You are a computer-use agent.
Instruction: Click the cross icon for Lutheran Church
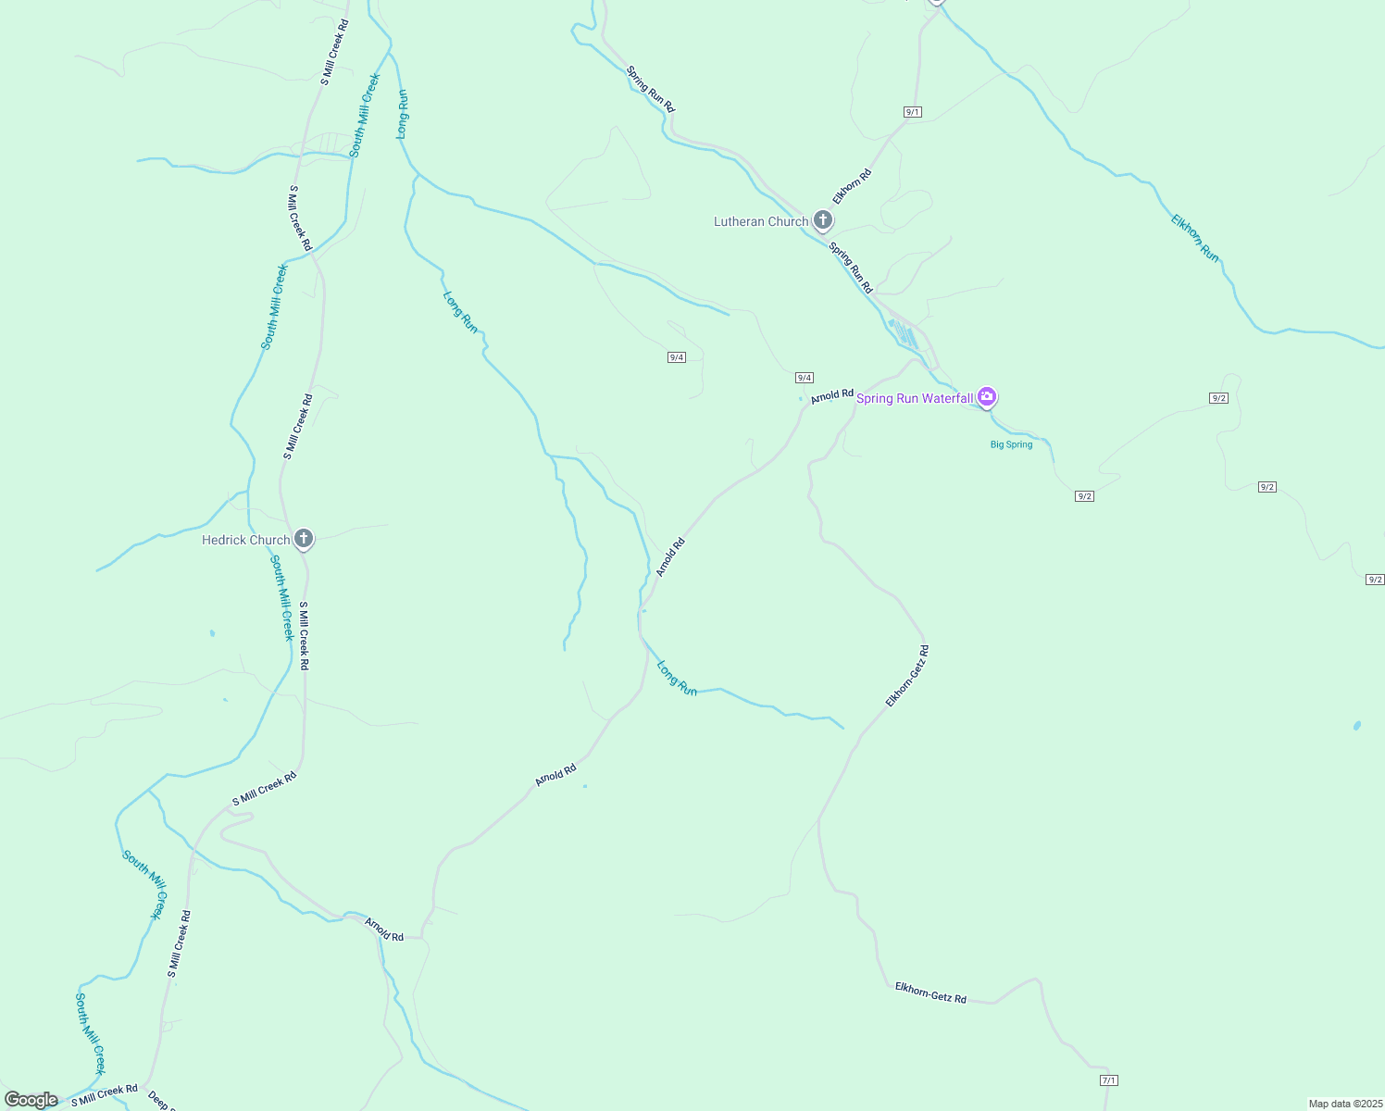tap(822, 220)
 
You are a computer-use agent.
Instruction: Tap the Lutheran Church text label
tap(761, 222)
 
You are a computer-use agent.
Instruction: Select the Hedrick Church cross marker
tap(303, 538)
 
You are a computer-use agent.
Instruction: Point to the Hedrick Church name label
tap(245, 540)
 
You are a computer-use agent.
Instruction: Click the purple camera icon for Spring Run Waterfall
tap(987, 397)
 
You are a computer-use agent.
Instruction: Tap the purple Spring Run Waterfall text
tap(914, 399)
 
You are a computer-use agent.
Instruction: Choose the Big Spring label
tap(1011, 444)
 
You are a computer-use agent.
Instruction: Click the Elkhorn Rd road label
tap(852, 186)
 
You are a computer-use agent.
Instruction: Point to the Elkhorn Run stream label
tap(1195, 238)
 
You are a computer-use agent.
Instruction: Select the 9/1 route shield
tap(912, 112)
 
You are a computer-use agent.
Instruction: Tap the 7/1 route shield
tap(1109, 1080)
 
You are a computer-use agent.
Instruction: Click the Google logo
tap(31, 1100)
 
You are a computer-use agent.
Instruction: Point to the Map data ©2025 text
tap(1344, 1104)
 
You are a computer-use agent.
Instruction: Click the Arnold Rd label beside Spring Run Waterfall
tap(831, 396)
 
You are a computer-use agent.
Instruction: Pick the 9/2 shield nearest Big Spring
tap(1084, 496)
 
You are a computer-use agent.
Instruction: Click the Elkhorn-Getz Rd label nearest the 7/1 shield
tap(930, 993)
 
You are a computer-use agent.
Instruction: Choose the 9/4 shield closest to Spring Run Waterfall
tap(804, 378)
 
